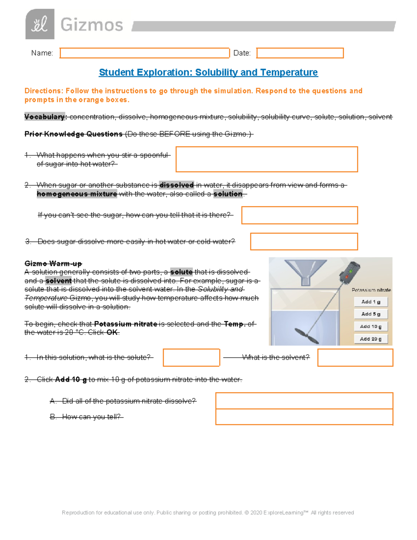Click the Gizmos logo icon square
40,24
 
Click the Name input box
145,53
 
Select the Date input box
300,53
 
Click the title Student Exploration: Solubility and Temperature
208,72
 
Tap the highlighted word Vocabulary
45,117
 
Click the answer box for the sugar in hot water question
267,159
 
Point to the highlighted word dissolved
177,185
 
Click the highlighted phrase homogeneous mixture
77,194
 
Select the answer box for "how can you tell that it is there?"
300,215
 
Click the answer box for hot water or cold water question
304,241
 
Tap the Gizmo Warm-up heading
53,263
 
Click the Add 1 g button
371,302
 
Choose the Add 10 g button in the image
371,327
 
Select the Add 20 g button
371,339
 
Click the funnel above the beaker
305,272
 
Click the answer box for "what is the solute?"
191,357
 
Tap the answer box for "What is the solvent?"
355,357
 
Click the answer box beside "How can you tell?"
304,417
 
